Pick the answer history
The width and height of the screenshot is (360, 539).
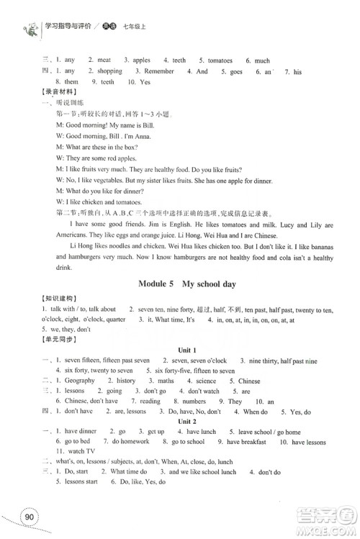click(x=126, y=381)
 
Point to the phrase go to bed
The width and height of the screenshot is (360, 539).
click(x=76, y=441)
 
